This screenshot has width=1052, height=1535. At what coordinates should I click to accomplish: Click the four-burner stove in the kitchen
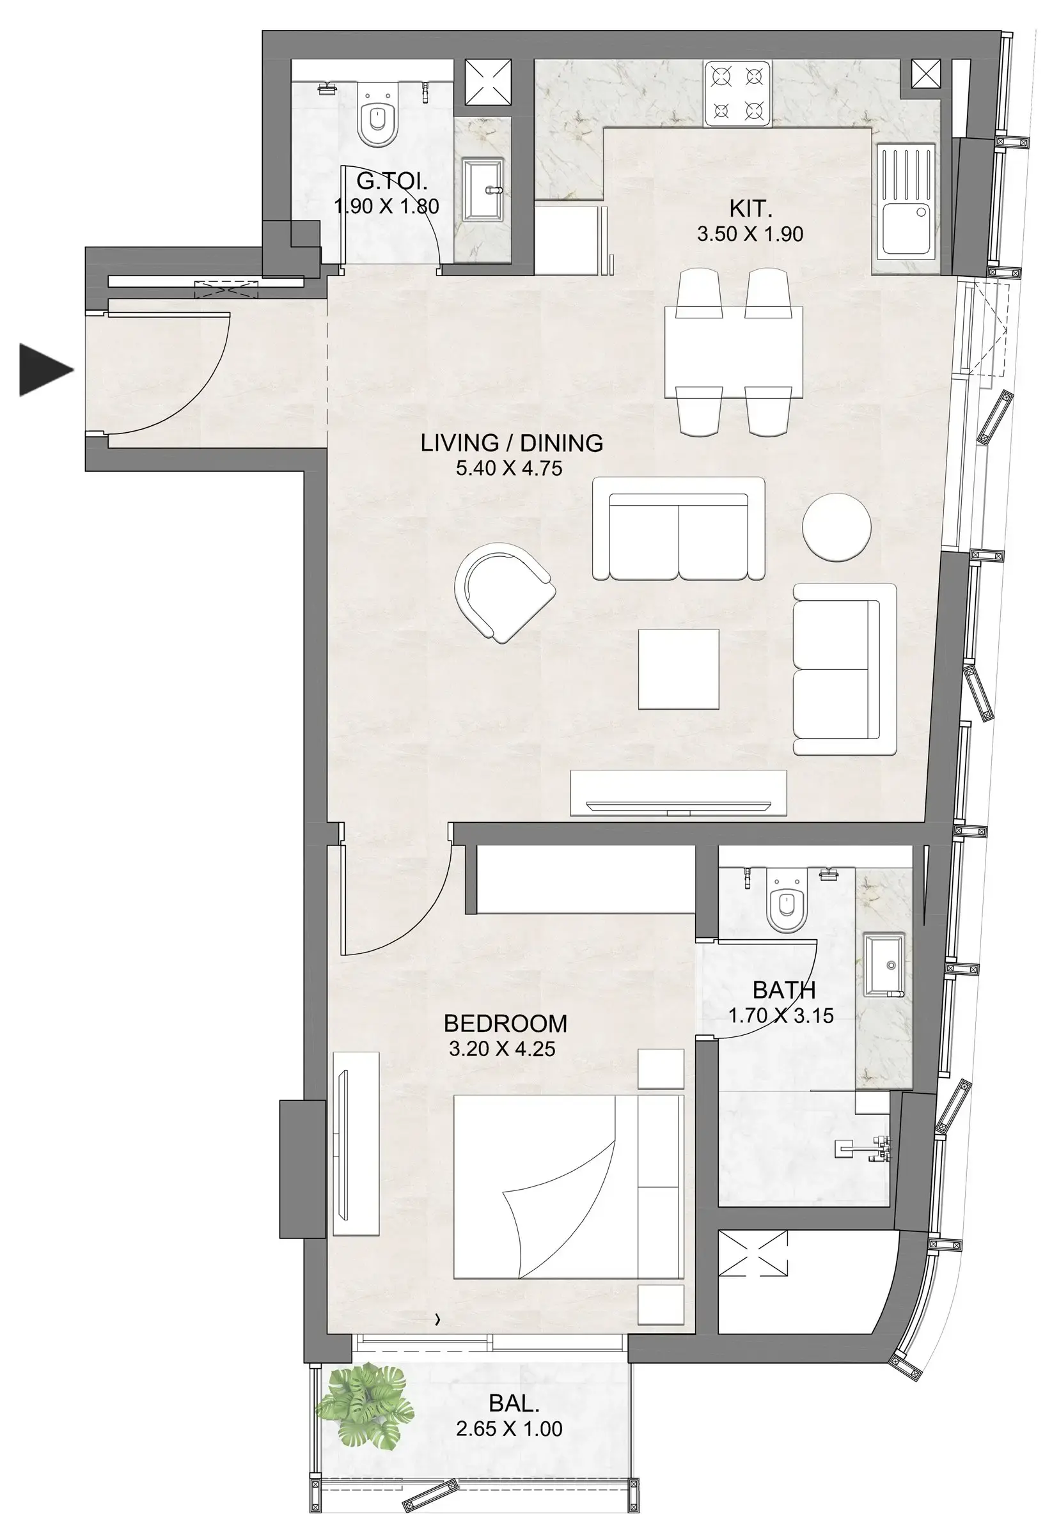(737, 93)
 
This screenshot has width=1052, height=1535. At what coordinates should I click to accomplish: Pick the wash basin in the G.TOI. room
(482, 189)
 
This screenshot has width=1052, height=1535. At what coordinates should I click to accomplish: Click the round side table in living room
(836, 527)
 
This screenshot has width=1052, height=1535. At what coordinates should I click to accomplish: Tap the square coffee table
(678, 669)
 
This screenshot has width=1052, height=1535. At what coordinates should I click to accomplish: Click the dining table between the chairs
(734, 353)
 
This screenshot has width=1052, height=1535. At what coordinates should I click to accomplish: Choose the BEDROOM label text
(505, 1023)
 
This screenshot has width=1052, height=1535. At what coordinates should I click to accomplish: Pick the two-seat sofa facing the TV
(678, 531)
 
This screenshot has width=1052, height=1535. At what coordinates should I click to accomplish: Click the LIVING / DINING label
(512, 442)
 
